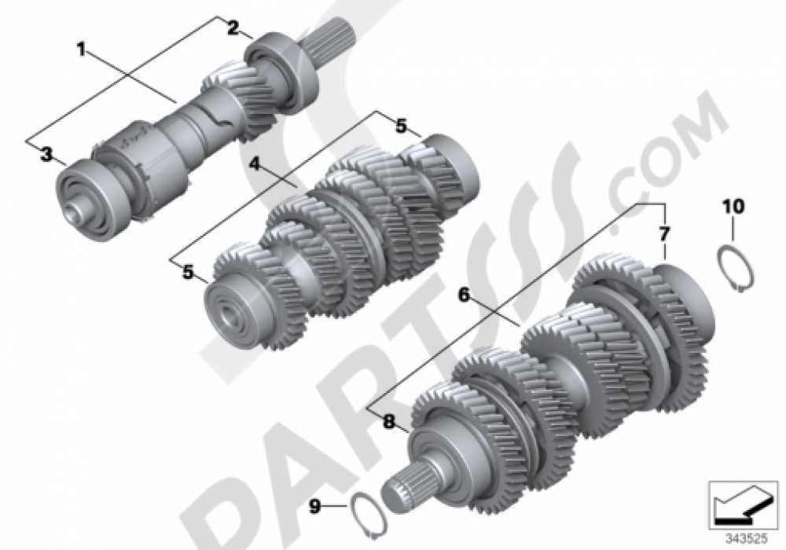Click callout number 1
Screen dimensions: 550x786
pyautogui.click(x=81, y=49)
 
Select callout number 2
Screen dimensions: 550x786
pyautogui.click(x=233, y=29)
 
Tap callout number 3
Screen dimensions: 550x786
pyautogui.click(x=47, y=154)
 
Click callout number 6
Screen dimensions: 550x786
pyautogui.click(x=464, y=295)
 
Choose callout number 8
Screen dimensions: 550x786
pyautogui.click(x=388, y=421)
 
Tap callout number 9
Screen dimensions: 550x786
pyautogui.click(x=314, y=507)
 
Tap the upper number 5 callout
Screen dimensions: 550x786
pyautogui.click(x=401, y=125)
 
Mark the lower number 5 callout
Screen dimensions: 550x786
pyautogui.click(x=188, y=272)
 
